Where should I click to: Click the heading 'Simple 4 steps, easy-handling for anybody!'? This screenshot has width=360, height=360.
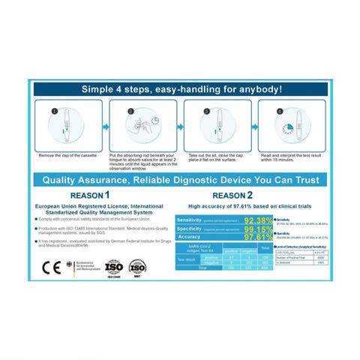(180, 89)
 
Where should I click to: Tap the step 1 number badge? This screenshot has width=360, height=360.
(53, 112)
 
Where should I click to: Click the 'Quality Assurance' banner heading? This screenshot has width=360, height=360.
(180, 180)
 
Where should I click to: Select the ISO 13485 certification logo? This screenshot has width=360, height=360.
(112, 267)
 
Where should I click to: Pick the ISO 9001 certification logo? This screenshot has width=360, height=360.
(137, 267)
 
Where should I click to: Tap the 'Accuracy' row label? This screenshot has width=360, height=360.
(190, 238)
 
